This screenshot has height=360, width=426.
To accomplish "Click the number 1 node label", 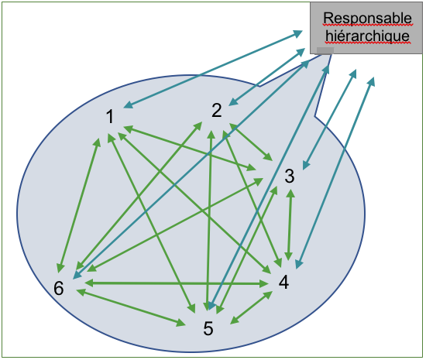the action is coord(110,117).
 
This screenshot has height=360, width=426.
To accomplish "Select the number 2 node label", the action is coord(217,111).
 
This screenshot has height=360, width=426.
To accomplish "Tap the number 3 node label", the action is coord(290,176).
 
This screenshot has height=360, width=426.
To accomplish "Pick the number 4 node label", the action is coord(283,282).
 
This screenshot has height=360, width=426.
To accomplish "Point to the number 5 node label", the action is coord(208,328).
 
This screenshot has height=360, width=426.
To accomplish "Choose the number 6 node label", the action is coord(59,288).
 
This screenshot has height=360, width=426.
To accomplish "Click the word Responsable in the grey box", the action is coord(367,19).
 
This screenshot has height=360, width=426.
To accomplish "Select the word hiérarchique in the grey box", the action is coord(367,36).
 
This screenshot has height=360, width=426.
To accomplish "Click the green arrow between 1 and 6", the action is coord(79,205).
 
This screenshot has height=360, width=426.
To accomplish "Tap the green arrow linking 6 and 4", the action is coord(177,283).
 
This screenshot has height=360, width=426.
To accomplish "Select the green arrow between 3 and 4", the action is coord(290,225).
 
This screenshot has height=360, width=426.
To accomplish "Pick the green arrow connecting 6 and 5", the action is coord(131,307).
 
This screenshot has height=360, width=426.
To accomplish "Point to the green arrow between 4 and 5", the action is coord(251,307).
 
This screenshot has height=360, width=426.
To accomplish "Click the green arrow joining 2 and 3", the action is coord(251,142).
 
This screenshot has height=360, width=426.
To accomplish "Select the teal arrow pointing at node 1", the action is coord(213,69).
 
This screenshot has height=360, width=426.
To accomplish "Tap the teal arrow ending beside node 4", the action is coord(335,173).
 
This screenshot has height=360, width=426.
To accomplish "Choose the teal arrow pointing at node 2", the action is coord(266,77).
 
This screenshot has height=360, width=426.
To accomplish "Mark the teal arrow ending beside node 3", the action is coord(329,119).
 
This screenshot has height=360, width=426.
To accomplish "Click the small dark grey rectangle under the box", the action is coord(325,50).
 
